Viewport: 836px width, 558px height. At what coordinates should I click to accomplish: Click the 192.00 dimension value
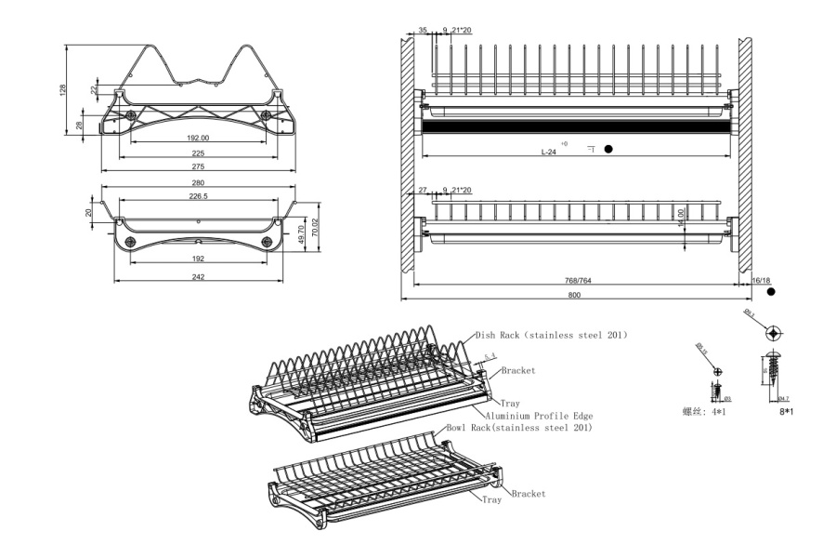(x=197, y=138)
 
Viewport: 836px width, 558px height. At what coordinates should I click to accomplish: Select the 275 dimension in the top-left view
(x=197, y=166)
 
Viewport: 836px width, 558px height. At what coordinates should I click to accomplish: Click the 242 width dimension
(x=197, y=277)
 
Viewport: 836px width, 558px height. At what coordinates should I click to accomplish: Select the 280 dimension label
(x=197, y=183)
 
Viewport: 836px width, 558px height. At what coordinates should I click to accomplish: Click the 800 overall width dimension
(x=573, y=295)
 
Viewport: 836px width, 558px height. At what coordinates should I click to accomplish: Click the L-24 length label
(x=550, y=150)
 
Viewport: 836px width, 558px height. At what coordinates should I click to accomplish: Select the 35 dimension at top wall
(x=423, y=31)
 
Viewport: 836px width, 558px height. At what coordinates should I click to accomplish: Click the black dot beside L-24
(x=609, y=149)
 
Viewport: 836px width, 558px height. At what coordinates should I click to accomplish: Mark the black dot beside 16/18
(x=771, y=291)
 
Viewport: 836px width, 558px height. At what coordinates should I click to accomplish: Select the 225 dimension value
(x=197, y=153)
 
